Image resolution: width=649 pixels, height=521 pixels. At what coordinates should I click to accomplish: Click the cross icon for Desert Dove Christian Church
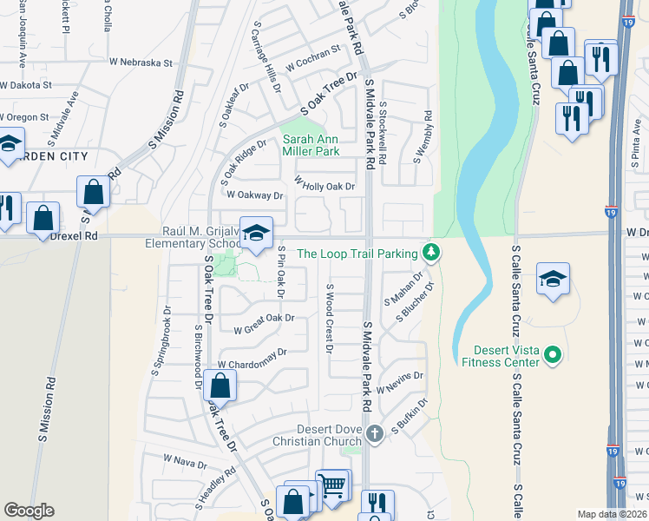pyautogui.click(x=374, y=433)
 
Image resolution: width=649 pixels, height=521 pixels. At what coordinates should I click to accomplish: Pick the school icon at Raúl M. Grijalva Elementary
pyautogui.click(x=256, y=234)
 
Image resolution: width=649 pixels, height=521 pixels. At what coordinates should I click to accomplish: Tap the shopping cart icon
pyautogui.click(x=332, y=486)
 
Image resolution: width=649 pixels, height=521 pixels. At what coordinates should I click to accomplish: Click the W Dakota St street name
pyautogui.click(x=26, y=86)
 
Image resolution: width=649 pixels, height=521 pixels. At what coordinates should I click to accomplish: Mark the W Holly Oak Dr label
pyautogui.click(x=325, y=185)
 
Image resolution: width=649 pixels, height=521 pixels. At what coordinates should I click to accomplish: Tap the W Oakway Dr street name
pyautogui.click(x=255, y=195)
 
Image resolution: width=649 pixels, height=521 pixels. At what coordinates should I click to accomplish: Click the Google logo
pyautogui.click(x=29, y=511)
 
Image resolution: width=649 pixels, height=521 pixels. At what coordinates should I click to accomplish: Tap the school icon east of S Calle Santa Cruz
pyautogui.click(x=553, y=280)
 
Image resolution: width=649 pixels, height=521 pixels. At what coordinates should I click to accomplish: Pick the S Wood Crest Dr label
pyautogui.click(x=329, y=319)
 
